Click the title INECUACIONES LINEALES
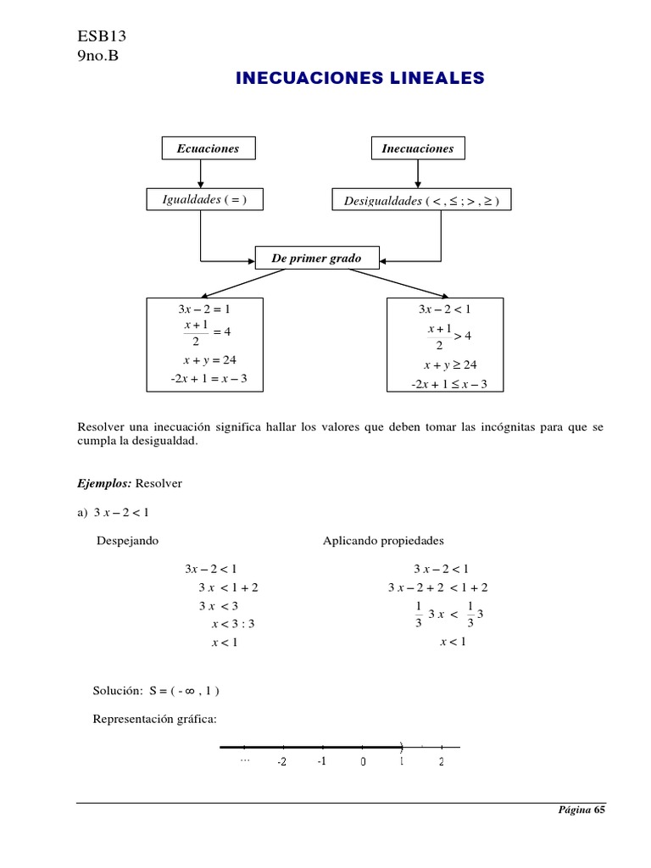coord(359,79)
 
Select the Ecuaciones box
coord(208,148)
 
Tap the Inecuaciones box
coord(418,148)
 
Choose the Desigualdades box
coord(421,201)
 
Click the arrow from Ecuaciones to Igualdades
coord(201,174)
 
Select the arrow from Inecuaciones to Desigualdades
coord(417,174)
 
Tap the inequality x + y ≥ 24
coord(451,365)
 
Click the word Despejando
coord(128,540)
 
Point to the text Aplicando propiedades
coord(383,540)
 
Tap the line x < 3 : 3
coord(233,624)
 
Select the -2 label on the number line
coord(281,762)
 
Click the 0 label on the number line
coord(363,762)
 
